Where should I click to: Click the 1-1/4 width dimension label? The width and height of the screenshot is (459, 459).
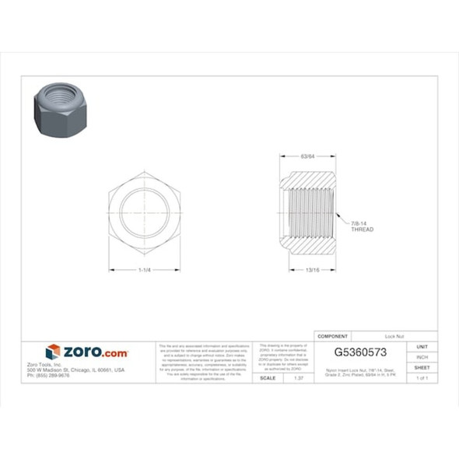coord(144,270)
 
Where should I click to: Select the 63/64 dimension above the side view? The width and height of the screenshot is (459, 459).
coord(307,156)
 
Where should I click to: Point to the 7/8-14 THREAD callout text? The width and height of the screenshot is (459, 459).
coord(363,226)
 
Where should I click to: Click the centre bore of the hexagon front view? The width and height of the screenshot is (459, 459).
coord(144,212)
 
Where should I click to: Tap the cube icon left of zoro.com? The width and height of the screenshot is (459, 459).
coord(53,352)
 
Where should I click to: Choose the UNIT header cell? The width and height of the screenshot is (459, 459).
coord(422,346)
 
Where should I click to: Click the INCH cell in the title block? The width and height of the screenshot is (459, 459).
coord(422,357)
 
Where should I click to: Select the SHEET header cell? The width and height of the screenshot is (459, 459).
coord(422,367)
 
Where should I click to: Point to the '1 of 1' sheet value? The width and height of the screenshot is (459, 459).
coord(422,377)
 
